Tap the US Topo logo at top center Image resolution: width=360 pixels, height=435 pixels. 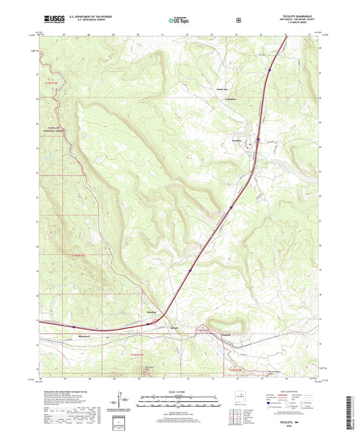[179, 20]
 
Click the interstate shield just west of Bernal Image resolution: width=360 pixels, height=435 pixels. [143, 324]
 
